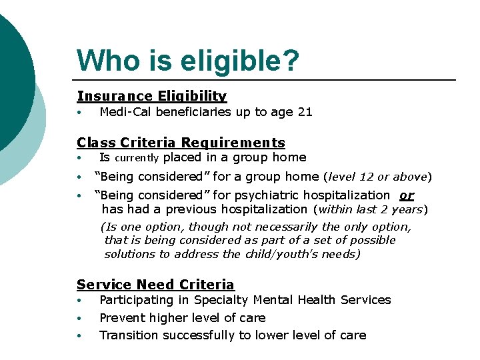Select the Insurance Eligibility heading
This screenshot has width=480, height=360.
pyautogui.click(x=152, y=97)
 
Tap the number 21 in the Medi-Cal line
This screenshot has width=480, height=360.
pyautogui.click(x=305, y=112)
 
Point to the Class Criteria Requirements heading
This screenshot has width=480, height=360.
pyautogui.click(x=181, y=143)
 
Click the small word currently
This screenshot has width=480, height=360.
pyautogui.click(x=137, y=159)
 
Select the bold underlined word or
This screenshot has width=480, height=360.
pyautogui.click(x=407, y=195)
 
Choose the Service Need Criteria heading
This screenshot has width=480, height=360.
pyautogui.click(x=155, y=285)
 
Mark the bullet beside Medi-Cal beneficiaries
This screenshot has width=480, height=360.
pyautogui.click(x=79, y=113)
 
